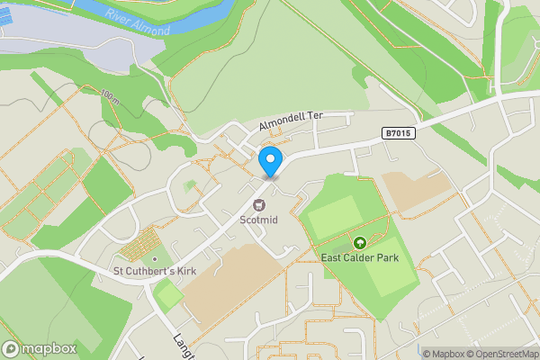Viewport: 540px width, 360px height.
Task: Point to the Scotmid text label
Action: click(259, 219)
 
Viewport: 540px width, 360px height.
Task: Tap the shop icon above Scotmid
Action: click(259, 204)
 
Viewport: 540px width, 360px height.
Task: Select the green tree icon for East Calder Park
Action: click(360, 242)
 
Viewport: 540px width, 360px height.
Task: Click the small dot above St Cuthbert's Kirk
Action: click(154, 259)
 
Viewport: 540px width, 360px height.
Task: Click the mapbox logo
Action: click(40, 348)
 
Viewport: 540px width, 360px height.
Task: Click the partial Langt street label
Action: click(183, 343)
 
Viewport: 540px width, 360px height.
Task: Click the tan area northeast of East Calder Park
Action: click(416, 190)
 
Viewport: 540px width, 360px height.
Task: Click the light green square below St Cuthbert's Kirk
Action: click(168, 294)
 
